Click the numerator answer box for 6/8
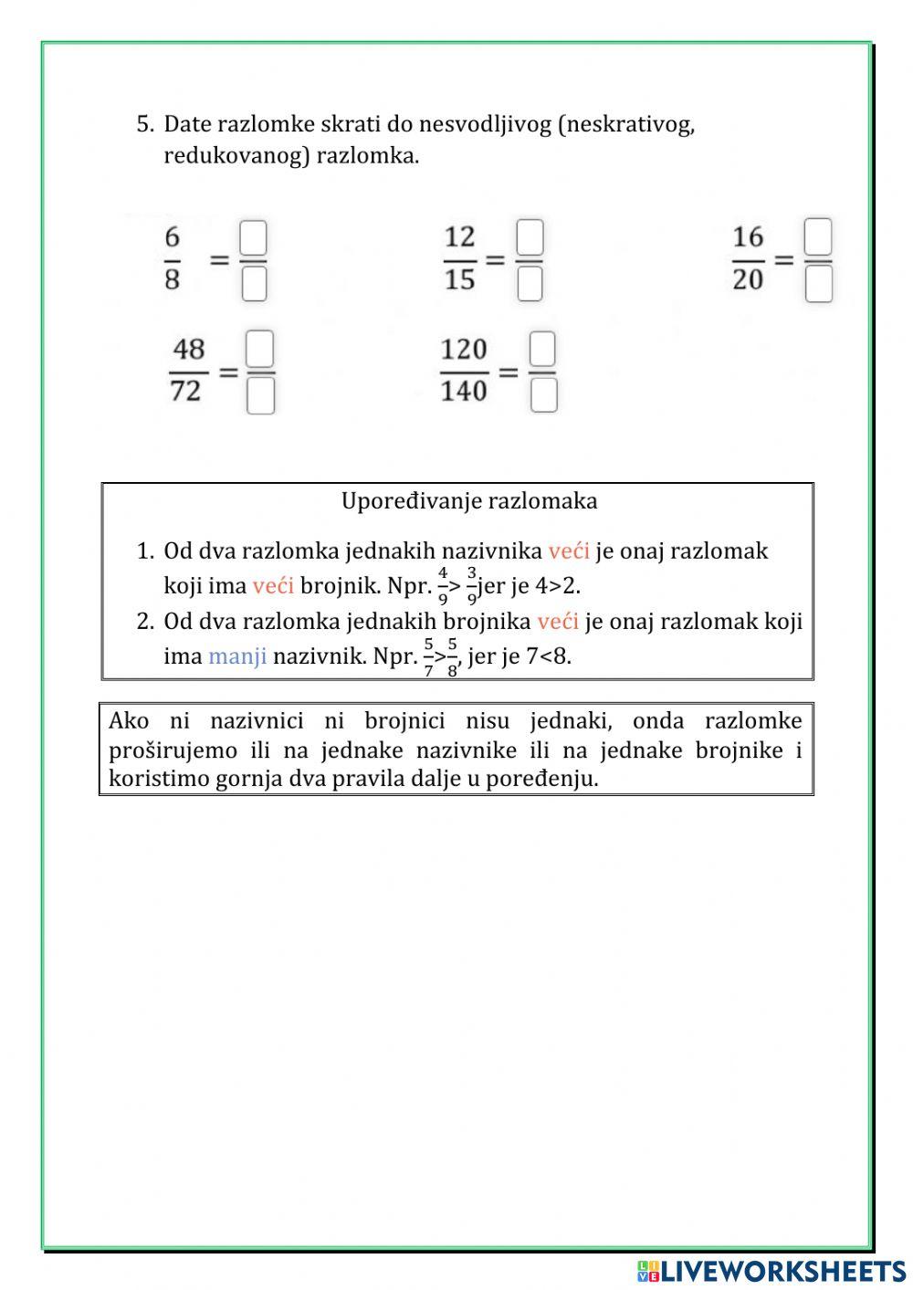pos(253,238)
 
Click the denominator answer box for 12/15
pos(530,284)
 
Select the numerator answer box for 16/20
pos(819,237)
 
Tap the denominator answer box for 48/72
pos(261,396)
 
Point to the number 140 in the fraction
pos(464,392)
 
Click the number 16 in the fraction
pos(748,237)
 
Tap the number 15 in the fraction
pos(460,280)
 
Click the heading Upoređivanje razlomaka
pos(469,501)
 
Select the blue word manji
pos(237,656)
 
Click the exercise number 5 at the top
pos(144,125)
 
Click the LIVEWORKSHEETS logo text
pos(782,1270)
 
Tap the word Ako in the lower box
pos(129,721)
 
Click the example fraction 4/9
pos(443,586)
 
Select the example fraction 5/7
pos(428,657)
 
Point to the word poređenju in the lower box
pos(543,779)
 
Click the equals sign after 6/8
pos(220,259)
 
